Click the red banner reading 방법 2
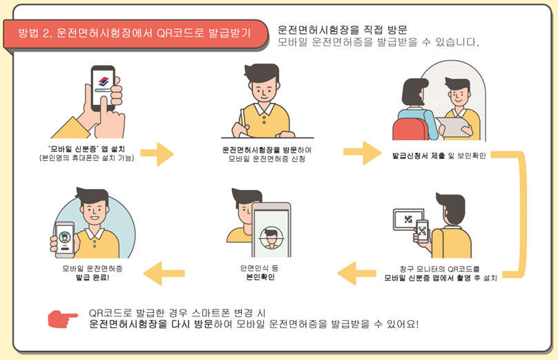point(135,34)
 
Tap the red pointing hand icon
point(62,319)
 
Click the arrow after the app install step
point(157,154)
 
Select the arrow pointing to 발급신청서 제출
point(363,153)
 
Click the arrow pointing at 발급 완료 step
point(164,273)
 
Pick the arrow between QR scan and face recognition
point(356,273)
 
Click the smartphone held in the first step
point(103,88)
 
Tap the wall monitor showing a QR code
point(408,219)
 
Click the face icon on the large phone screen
point(271,238)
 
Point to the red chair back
point(410,129)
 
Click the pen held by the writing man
point(243,117)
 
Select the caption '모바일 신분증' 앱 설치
point(86,149)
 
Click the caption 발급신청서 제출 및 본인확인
point(439,155)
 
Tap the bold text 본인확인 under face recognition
point(260,277)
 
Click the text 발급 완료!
point(93,277)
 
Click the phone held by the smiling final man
point(64,240)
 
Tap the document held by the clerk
point(453,126)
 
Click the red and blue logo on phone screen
point(104,81)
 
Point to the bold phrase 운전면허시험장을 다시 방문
point(151,324)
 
